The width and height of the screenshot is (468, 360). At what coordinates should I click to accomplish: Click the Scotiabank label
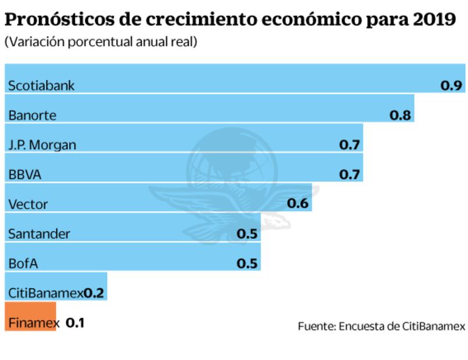(41, 86)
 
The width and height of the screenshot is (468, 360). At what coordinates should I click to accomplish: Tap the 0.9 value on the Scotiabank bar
(451, 85)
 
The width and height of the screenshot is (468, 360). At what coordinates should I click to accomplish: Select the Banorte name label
(32, 115)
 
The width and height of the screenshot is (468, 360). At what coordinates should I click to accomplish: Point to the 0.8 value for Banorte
(400, 115)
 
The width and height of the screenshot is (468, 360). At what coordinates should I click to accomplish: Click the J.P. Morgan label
(42, 145)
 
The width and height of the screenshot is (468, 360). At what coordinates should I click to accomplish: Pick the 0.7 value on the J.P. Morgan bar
(350, 145)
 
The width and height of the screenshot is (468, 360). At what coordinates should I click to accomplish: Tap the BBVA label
(25, 175)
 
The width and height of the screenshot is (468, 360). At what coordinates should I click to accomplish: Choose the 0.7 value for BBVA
(350, 174)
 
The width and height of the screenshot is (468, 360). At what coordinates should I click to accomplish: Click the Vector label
(28, 204)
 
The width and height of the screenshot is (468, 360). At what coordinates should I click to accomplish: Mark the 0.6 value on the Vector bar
(298, 204)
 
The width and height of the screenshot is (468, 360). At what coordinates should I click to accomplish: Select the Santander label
(39, 234)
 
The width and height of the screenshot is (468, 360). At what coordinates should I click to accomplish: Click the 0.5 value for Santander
(247, 234)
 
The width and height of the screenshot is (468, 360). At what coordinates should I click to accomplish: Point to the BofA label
(23, 264)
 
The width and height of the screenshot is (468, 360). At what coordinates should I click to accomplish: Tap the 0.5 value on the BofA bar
(247, 264)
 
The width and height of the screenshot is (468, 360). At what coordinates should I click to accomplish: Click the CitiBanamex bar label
(45, 293)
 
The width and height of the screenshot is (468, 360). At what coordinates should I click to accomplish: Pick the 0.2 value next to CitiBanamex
(94, 293)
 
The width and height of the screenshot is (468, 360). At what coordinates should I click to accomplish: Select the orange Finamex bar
(31, 316)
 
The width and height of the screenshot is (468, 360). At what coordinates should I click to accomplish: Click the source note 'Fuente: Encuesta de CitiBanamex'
(381, 326)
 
